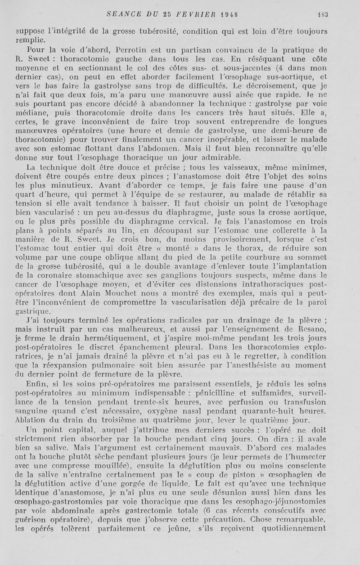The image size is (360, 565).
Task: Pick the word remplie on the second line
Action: point(29,40)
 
